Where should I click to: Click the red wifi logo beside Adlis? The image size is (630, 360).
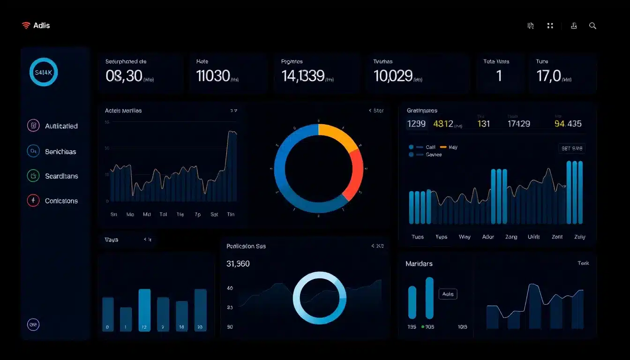(26, 26)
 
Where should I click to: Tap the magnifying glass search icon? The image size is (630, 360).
(592, 26)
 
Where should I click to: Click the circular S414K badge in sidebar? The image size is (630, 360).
(44, 72)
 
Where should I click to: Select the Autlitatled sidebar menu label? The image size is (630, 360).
(61, 126)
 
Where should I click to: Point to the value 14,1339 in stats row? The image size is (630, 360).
(303, 76)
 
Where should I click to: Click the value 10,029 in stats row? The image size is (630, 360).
(393, 76)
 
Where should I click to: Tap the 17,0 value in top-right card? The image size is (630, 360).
(548, 76)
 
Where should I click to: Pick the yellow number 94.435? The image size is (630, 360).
(568, 124)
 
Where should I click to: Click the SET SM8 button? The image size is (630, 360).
(572, 149)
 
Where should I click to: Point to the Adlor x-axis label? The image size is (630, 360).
(488, 237)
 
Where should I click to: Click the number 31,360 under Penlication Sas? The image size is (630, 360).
(238, 264)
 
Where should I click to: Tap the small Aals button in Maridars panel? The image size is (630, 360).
(448, 294)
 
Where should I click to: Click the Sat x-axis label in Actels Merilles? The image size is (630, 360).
(214, 214)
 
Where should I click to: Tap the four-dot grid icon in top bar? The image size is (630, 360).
(550, 26)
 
